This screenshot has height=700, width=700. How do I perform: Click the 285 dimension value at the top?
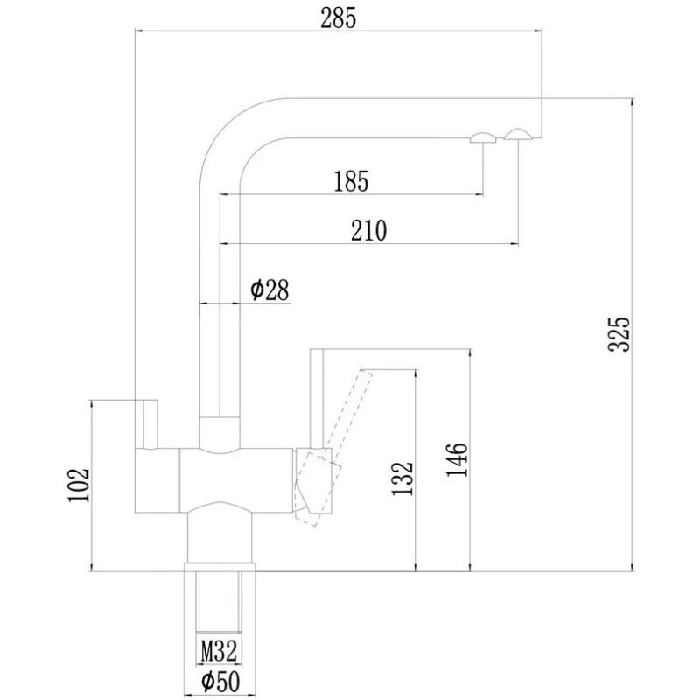coord(339,18)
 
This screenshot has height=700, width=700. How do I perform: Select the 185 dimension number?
coord(352,181)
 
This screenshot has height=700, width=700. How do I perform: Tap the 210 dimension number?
coord(368,231)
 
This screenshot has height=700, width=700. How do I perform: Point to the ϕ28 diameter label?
coord(269,290)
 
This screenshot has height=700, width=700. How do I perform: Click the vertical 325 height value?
coord(620,334)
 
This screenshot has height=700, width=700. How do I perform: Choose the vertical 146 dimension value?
coord(457,460)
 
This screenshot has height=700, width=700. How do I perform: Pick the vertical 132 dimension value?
coord(402,479)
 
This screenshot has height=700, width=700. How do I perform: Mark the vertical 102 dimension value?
coord(79,485)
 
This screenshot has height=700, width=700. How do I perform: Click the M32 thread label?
coord(219,651)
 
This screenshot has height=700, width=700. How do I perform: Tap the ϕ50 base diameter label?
coord(220,682)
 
